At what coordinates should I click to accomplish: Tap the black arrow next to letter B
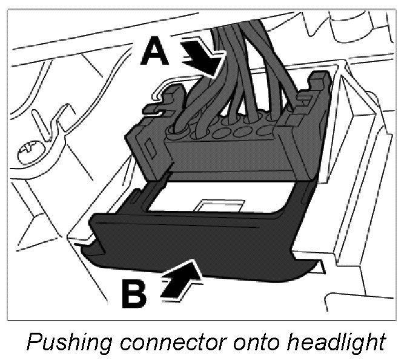(x=181, y=278)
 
